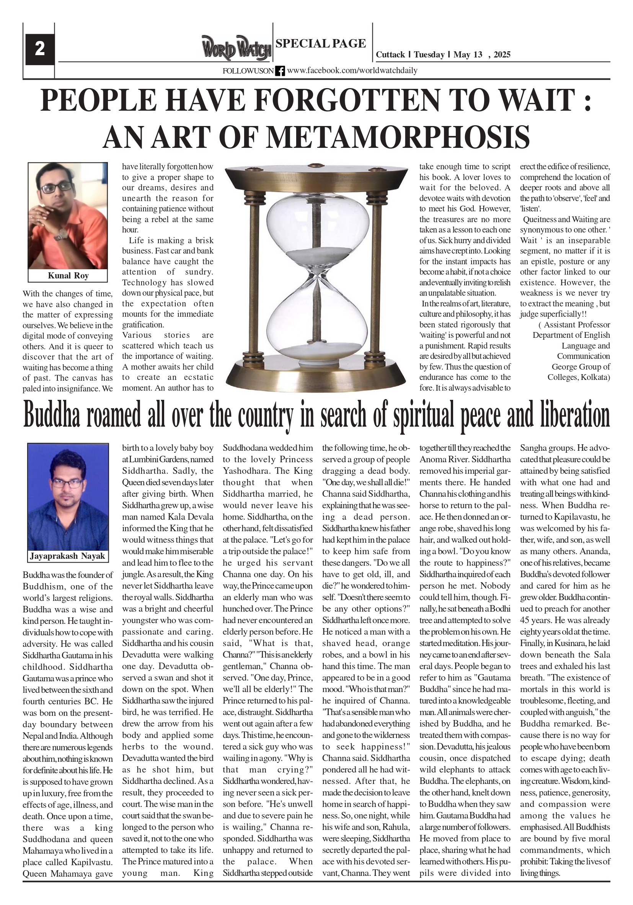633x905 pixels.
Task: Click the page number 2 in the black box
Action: tap(39, 49)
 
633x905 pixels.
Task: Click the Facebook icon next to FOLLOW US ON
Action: tap(280, 71)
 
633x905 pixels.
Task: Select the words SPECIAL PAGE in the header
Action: tap(321, 43)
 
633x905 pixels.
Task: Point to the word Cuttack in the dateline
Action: tap(390, 55)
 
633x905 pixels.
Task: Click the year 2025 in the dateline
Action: tap(502, 55)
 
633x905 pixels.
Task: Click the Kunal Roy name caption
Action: tap(68, 275)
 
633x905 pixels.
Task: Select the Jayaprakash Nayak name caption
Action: tap(68, 556)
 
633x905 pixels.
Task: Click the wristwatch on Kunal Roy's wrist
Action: tap(61, 234)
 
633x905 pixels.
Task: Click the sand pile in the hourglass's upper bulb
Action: tap(318, 253)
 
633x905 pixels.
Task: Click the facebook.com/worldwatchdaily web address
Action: tap(352, 70)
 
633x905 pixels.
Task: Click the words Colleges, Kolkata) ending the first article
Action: tap(578, 377)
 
